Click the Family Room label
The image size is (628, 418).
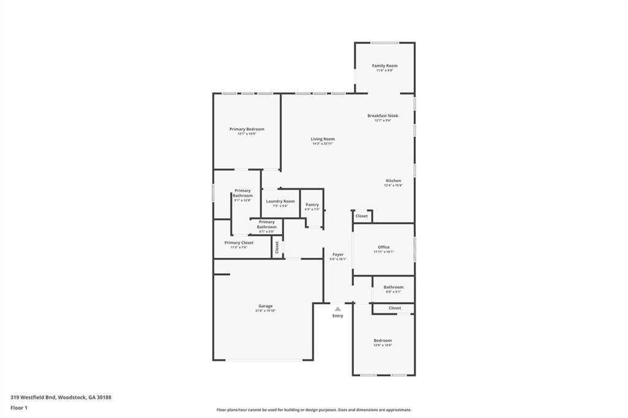385,66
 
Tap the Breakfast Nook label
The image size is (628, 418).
383,115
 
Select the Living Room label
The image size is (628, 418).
323,139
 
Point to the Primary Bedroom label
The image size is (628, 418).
247,129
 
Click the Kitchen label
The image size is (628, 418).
393,181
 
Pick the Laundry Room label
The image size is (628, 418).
280,201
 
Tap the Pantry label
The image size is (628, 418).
312,205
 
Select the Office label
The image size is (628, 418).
383,247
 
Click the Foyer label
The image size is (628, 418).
338,254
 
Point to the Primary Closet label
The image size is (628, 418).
239,243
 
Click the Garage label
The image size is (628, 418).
266,306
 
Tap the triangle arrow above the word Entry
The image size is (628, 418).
337,309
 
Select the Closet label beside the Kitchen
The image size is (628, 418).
362,216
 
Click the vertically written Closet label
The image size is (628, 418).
277,248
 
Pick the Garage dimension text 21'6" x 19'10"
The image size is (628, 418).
266,311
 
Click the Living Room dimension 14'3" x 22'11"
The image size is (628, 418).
323,143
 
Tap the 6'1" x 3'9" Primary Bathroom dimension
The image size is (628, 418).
266,231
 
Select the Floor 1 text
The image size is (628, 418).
18,407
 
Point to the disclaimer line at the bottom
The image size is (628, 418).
313,410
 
